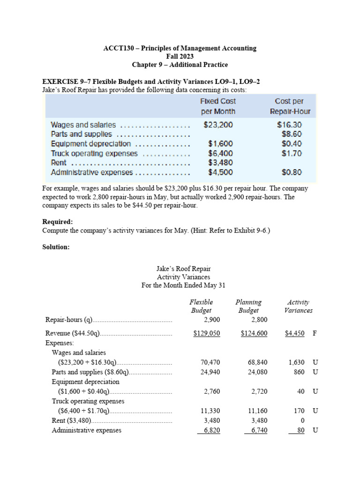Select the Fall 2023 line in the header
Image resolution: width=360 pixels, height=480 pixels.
[180, 56]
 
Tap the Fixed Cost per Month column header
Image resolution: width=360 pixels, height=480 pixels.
[218, 106]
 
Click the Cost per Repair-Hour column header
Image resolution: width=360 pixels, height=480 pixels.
[290, 106]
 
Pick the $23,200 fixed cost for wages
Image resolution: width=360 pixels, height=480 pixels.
[218, 125]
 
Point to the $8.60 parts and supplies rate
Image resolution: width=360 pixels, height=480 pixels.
[292, 134]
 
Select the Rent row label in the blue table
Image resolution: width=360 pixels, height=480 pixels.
[59, 163]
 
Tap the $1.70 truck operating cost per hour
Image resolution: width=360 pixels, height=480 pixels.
[292, 153]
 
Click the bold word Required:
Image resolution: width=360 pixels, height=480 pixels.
[58, 222]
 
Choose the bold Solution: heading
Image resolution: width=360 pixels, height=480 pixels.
[56, 247]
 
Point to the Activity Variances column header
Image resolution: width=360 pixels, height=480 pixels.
[298, 306]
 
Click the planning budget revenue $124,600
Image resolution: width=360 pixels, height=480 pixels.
[254, 333]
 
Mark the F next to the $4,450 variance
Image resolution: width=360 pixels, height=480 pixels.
[315, 333]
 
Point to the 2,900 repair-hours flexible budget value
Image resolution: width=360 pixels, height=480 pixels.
[212, 320]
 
